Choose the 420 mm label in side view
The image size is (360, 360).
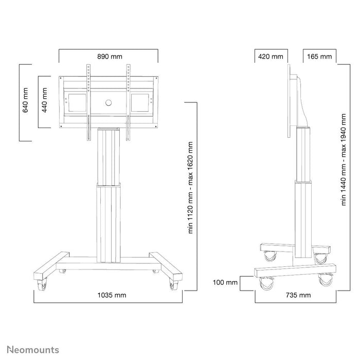pyautogui.click(x=270, y=56)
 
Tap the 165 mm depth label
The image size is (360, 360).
pyautogui.click(x=319, y=56)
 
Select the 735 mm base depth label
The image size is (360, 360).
pyautogui.click(x=298, y=295)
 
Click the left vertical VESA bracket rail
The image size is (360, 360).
pyautogui.click(x=88, y=100)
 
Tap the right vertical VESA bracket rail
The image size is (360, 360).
pyautogui.click(x=127, y=100)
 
